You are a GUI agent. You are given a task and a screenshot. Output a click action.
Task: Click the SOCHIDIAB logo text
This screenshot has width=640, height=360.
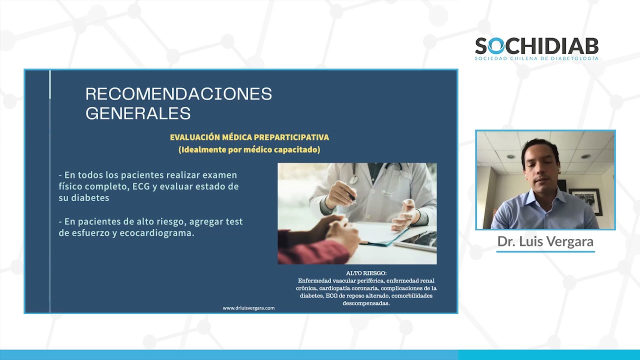pyautogui.click(x=536, y=46)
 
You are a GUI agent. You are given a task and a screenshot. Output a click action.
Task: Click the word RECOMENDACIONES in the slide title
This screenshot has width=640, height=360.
pyautogui.click(x=178, y=94)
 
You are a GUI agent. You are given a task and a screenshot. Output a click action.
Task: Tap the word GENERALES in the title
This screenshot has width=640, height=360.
pyautogui.click(x=138, y=113)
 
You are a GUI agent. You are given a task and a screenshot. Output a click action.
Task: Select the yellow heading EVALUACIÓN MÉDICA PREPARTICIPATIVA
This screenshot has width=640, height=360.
pyautogui.click(x=249, y=137)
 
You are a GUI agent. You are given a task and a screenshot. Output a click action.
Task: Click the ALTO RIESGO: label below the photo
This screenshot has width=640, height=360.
pyautogui.click(x=366, y=273)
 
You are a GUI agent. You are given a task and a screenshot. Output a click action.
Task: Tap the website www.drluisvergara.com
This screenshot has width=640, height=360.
pyautogui.click(x=248, y=308)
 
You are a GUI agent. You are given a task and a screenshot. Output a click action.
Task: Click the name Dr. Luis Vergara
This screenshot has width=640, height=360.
pyautogui.click(x=545, y=241)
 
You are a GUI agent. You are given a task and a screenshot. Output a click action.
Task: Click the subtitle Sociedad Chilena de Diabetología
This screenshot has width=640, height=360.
pyautogui.click(x=536, y=58)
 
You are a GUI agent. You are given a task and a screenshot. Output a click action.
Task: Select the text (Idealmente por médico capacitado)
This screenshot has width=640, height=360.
pyautogui.click(x=249, y=149)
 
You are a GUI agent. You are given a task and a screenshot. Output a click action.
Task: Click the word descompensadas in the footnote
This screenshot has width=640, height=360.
pyautogui.click(x=366, y=303)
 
